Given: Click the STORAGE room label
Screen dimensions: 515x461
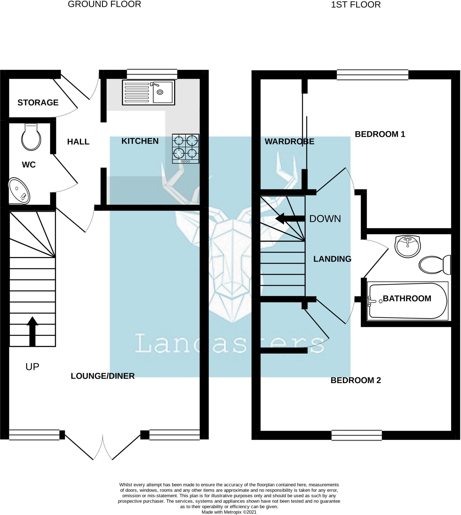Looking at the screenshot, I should click(38, 103).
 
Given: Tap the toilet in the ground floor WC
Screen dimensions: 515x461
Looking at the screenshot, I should click(31, 138).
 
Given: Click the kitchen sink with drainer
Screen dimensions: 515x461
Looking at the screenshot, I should click(149, 93).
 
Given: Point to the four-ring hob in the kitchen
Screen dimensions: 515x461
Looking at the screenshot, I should click(186, 149).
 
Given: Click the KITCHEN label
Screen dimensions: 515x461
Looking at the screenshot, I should click(140, 141).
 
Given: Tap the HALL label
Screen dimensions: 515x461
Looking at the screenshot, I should click(78, 142).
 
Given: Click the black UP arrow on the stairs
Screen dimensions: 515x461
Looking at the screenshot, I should click(32, 331).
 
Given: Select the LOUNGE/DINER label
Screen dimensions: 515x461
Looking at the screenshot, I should click(103, 376).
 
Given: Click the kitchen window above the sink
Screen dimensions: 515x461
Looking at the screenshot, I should click(152, 74).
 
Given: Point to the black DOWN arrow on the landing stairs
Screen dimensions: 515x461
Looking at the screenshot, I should click(290, 219).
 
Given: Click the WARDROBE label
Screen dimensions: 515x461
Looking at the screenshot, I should click(289, 141).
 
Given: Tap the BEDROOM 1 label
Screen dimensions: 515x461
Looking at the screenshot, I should click(380, 134).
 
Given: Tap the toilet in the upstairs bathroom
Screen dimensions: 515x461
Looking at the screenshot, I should click(435, 265).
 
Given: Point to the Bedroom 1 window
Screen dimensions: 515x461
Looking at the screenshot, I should click(372, 75).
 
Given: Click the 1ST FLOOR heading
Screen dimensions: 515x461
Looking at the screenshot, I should click(356, 5).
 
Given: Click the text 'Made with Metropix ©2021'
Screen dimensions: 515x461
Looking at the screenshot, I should click(229, 512).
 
